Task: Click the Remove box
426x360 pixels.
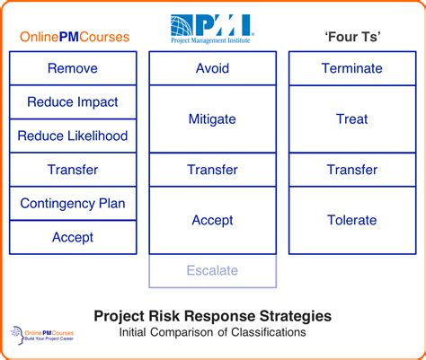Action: pos(73,68)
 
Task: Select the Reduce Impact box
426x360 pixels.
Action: pos(73,102)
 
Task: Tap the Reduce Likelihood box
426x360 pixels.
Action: pos(73,136)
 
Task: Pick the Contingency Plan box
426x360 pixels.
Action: pos(73,204)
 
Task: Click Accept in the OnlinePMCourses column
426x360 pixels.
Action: pos(73,237)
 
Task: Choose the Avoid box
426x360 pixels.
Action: pos(213,68)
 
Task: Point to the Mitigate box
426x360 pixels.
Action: pos(213,119)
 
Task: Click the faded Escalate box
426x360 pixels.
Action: pos(213,271)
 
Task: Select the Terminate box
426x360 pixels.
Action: pos(352,68)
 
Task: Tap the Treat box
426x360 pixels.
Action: pos(352,119)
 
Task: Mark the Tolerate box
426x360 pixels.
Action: pos(352,221)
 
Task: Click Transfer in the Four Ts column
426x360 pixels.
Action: pos(352,170)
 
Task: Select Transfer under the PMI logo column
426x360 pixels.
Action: pos(213,170)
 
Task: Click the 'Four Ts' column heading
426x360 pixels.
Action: pos(352,37)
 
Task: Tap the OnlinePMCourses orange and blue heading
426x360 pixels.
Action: pos(75,37)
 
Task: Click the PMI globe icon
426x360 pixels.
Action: pos(182,25)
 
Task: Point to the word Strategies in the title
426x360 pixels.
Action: pos(296,316)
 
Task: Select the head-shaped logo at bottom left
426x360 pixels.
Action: pos(18,335)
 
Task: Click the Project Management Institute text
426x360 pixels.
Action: pos(210,40)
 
